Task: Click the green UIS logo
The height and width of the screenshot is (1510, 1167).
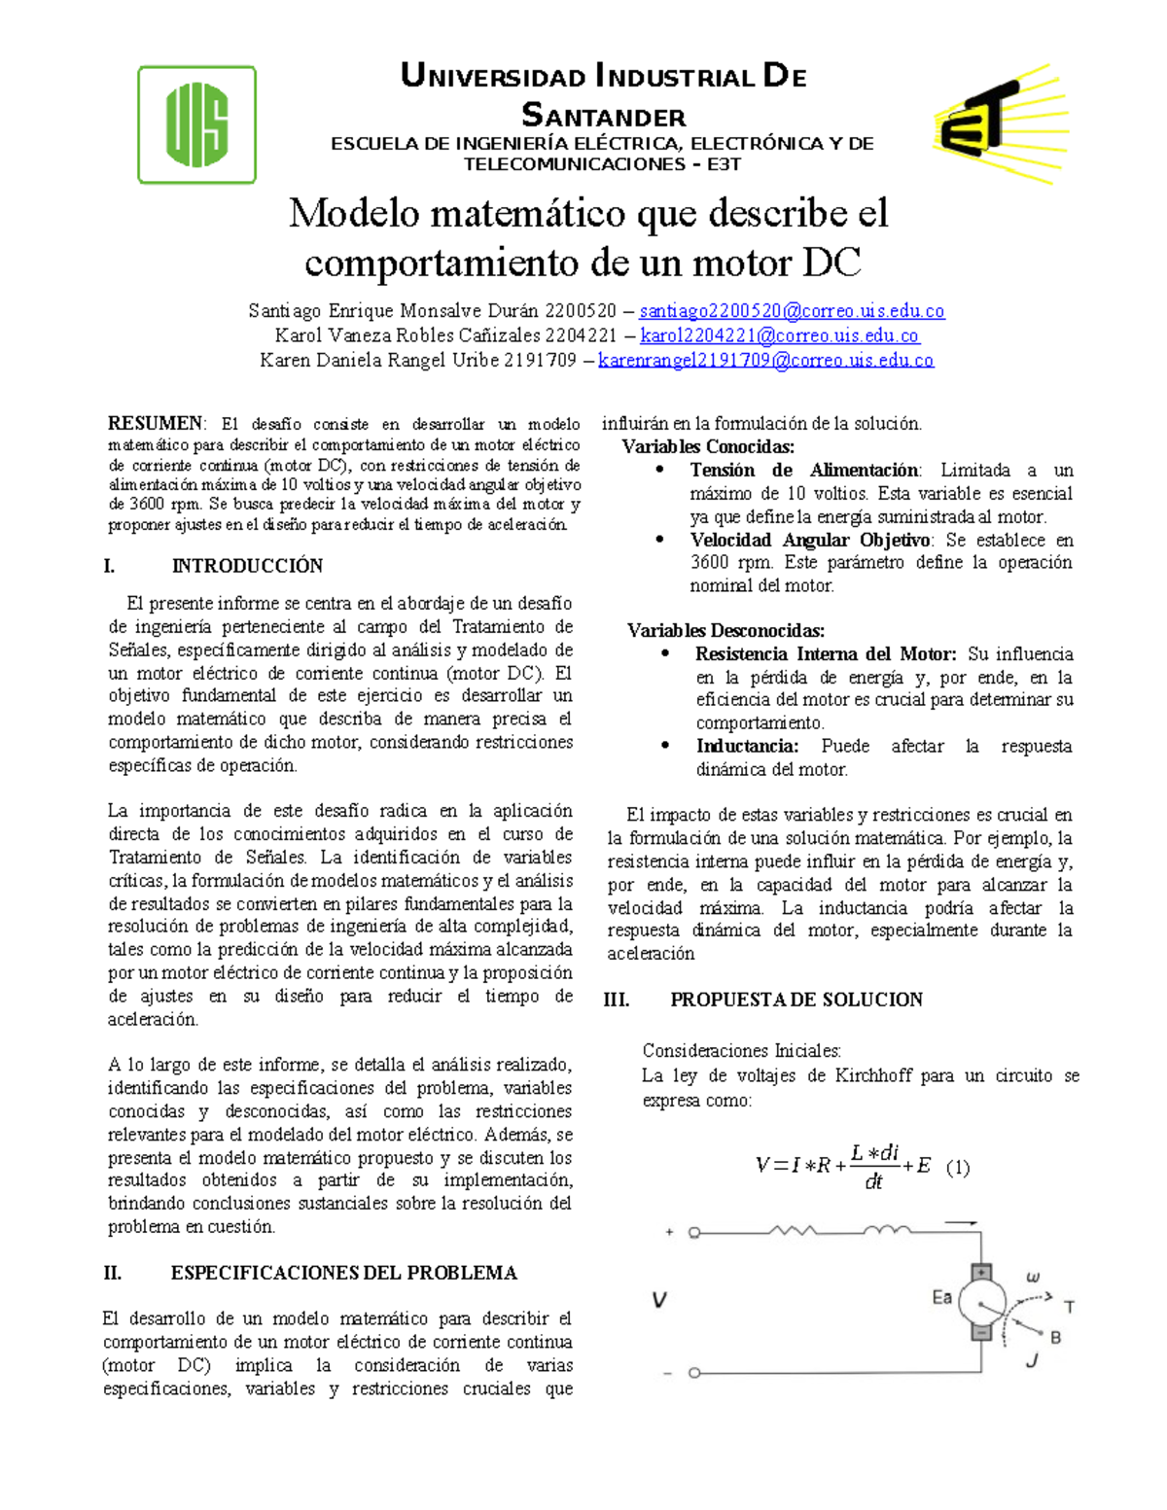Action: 196,124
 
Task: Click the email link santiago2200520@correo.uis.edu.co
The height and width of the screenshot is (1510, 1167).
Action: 792,311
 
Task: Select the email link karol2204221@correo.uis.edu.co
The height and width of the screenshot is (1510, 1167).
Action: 779,335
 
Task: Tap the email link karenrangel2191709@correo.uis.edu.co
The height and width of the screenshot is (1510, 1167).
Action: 765,361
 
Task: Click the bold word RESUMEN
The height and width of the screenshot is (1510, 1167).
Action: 156,424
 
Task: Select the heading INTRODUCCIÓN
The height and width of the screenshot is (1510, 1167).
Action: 247,566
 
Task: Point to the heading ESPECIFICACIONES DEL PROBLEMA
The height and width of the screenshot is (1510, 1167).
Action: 343,1273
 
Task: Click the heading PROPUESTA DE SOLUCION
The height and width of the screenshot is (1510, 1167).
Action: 796,1000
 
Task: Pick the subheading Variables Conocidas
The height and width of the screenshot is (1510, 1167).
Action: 708,447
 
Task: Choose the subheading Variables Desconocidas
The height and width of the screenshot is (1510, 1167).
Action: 725,631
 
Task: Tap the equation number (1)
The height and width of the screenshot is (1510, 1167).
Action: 957,1168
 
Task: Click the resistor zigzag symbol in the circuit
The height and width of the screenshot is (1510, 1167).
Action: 793,1231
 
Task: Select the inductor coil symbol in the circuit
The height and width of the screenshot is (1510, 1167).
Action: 887,1231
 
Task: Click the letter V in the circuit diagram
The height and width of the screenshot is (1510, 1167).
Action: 659,1300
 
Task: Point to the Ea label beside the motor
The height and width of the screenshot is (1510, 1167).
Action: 941,1297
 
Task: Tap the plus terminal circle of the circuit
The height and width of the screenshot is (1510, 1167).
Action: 694,1233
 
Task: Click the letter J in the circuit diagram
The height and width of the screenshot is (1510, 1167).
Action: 1032,1361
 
